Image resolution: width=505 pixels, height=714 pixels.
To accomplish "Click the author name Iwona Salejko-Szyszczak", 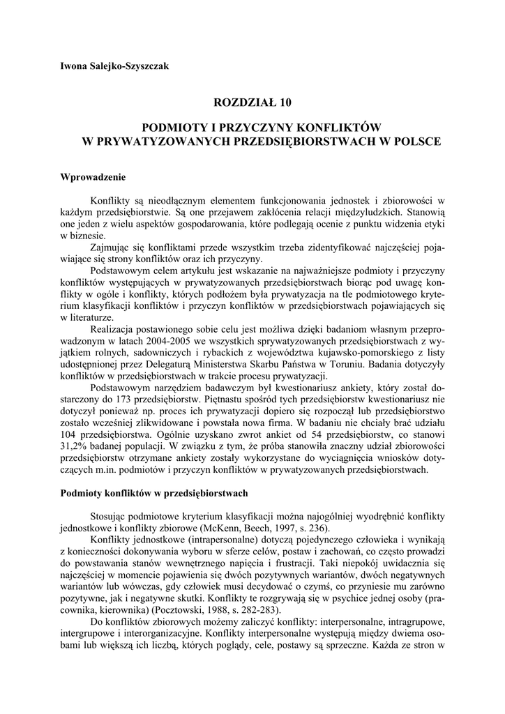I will pyautogui.click(x=114, y=67).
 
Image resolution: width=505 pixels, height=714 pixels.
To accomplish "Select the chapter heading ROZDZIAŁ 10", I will pyautogui.click(x=252, y=102).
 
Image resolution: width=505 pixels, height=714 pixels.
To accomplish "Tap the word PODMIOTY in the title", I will pyautogui.click(x=174, y=128).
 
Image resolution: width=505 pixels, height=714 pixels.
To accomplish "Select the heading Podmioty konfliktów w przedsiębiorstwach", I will pyautogui.click(x=154, y=493).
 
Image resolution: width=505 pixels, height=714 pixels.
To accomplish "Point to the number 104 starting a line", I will pyautogui.click(x=70, y=433).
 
